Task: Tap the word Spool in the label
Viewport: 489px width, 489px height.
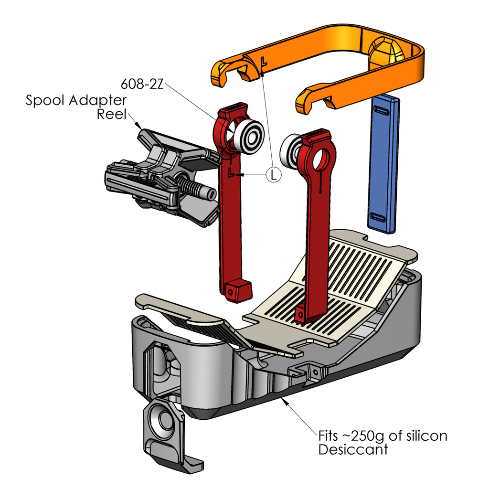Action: coord(45,101)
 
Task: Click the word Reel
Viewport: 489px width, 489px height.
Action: coord(111,115)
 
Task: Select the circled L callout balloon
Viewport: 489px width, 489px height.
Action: coord(273,175)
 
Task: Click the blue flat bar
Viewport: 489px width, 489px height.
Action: coord(384,162)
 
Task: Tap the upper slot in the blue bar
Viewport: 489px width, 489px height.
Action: coord(385,111)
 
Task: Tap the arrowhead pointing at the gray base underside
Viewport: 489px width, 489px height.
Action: coord(286,401)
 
